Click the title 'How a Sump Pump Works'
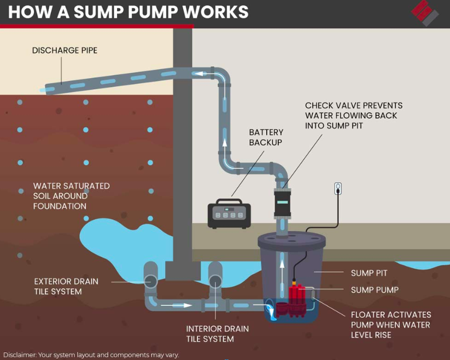click(x=128, y=12)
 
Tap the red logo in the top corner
click(x=425, y=13)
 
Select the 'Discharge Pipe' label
click(x=65, y=51)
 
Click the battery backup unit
click(x=229, y=215)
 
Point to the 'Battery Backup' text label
click(x=266, y=137)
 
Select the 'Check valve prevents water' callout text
click(x=353, y=115)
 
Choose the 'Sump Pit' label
click(x=369, y=273)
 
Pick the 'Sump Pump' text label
click(x=375, y=290)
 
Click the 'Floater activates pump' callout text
click(x=390, y=324)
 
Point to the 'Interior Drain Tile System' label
click(x=217, y=334)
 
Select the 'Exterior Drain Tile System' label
click(x=66, y=287)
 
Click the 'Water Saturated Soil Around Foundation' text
click(x=71, y=196)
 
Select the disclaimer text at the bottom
click(x=90, y=355)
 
